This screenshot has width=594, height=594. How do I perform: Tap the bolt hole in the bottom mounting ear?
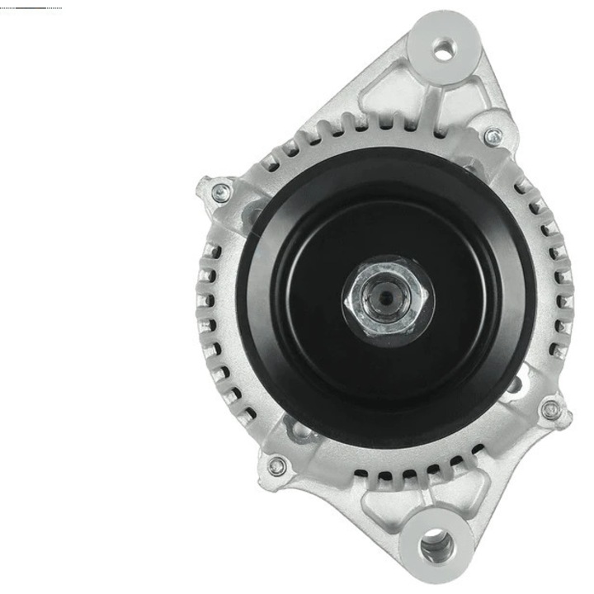(x=435, y=545)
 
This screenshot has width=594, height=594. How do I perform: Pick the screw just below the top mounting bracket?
(x=493, y=136)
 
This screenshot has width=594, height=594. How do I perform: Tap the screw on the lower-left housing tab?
(x=277, y=466)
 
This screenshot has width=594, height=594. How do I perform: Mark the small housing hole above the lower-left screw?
(x=297, y=429)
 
